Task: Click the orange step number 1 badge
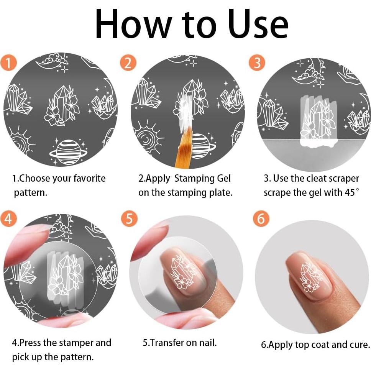(x=8, y=63)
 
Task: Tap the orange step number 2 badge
(x=128, y=63)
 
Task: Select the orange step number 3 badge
(x=257, y=63)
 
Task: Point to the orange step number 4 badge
(x=8, y=218)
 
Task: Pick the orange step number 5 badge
(x=129, y=218)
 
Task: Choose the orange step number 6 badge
(x=261, y=218)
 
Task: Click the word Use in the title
(x=259, y=24)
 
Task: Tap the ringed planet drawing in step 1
(x=68, y=152)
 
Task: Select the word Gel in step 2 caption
(x=223, y=178)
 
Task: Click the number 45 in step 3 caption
(x=350, y=193)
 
